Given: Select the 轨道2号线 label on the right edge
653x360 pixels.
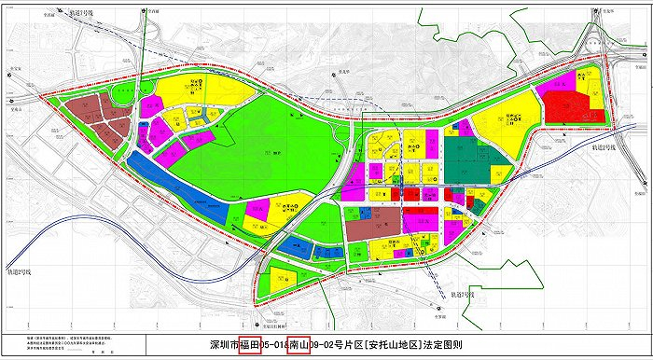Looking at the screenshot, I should pos(607,148).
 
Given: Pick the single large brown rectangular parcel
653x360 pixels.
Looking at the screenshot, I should pos(370,226).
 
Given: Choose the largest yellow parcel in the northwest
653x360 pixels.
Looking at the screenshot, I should pos(196,93).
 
